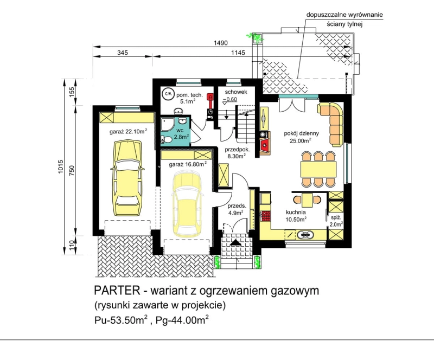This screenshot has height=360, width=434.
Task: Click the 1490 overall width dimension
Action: tap(221, 43)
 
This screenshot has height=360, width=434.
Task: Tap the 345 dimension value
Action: tap(123, 52)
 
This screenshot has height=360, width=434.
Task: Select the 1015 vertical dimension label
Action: tap(61, 166)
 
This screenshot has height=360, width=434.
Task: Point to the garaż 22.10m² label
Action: tap(128, 131)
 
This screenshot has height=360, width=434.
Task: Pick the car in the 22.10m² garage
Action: tap(127, 178)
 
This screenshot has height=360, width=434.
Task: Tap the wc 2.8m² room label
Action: tap(181, 133)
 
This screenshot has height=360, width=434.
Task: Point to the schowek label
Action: tap(236, 92)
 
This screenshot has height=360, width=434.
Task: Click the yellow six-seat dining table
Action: tap(318, 169)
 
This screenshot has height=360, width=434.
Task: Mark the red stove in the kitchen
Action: tap(266, 216)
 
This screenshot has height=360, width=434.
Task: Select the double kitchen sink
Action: tap(305, 235)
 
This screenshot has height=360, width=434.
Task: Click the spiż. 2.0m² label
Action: tap(337, 221)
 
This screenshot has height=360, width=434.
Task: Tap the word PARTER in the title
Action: tap(117, 291)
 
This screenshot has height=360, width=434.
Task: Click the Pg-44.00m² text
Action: tap(182, 320)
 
